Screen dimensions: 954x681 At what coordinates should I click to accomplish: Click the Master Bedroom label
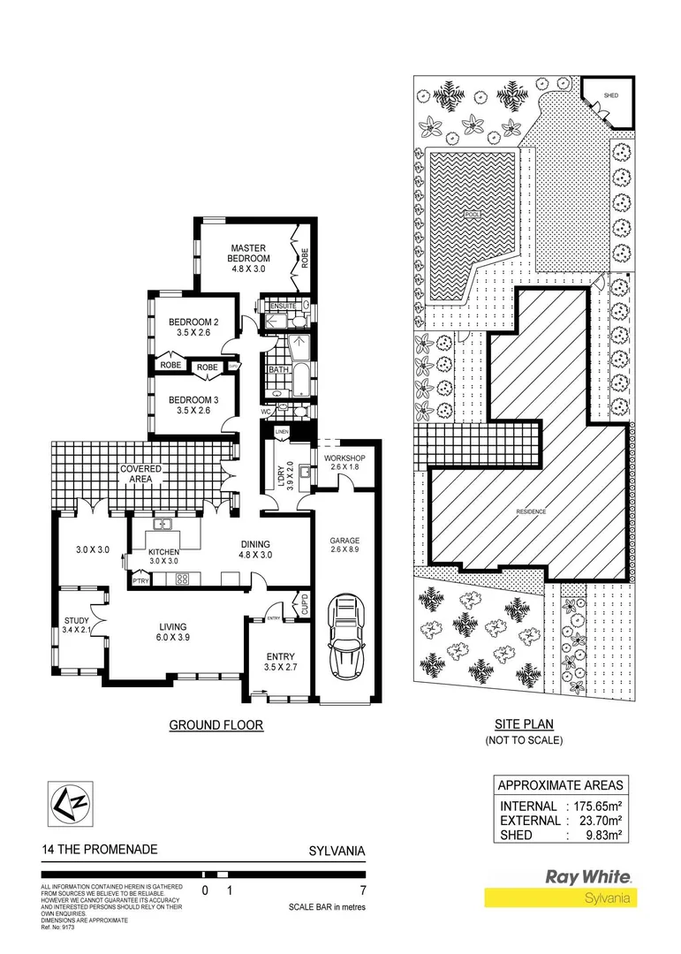tap(249, 253)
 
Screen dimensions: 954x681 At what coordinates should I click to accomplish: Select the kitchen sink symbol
tap(164, 525)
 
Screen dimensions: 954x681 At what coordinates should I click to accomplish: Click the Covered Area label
tap(140, 473)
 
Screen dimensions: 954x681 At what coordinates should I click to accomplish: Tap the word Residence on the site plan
tap(532, 511)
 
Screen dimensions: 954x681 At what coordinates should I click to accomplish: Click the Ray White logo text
tap(587, 876)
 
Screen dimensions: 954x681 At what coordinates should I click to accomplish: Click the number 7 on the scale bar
tap(362, 890)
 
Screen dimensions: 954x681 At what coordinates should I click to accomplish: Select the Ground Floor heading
tap(216, 725)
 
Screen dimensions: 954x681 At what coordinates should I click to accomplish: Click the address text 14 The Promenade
tap(99, 850)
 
